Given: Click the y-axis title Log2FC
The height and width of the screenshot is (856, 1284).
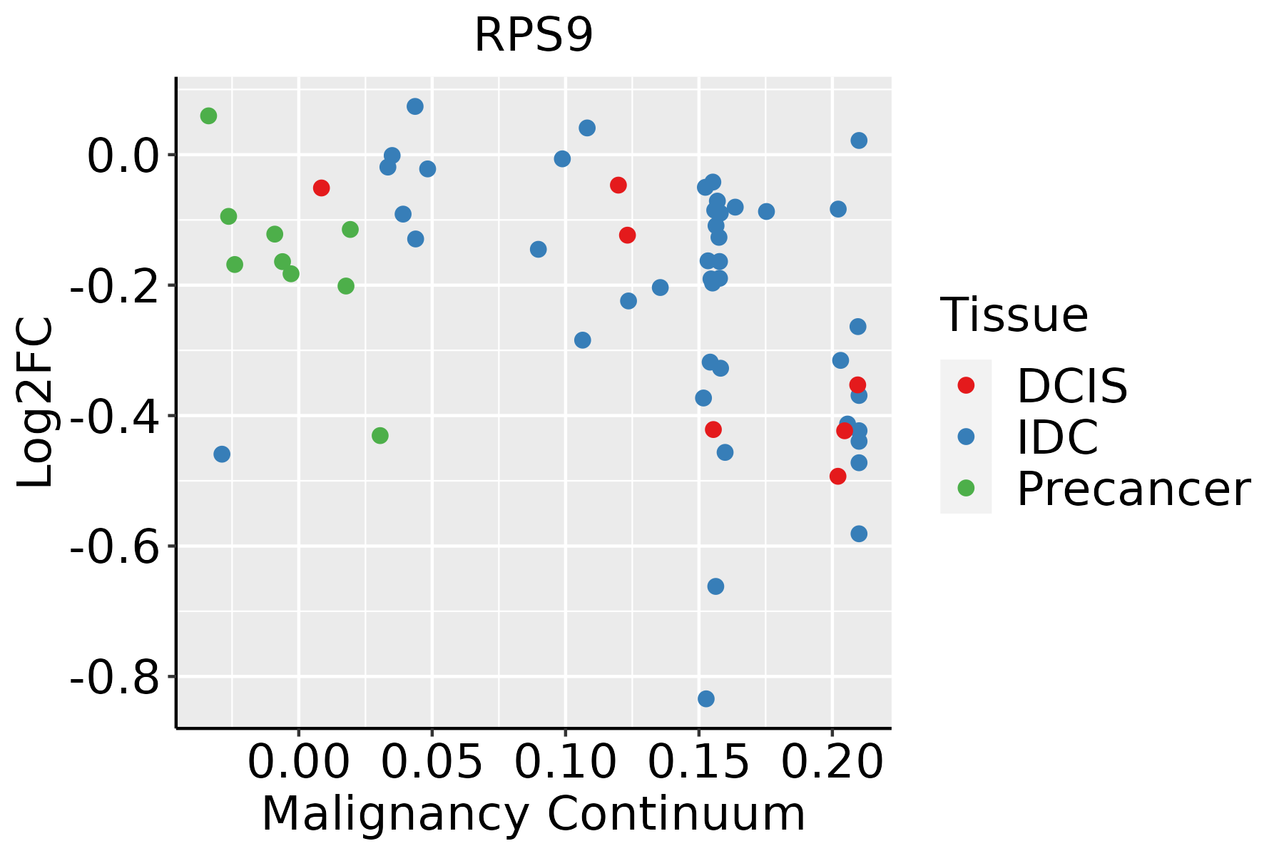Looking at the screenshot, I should click(x=36, y=403).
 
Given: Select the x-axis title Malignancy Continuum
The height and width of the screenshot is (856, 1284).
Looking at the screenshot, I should click(x=534, y=815).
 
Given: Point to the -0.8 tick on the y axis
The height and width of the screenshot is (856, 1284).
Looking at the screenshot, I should click(x=114, y=677).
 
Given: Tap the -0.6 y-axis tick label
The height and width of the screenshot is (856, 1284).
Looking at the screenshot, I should click(x=114, y=546).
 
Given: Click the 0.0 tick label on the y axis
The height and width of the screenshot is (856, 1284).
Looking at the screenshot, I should click(x=123, y=156).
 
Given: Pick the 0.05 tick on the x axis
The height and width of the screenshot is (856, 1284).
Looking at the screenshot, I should click(x=432, y=762).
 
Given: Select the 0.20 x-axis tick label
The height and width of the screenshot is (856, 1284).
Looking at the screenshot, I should click(x=832, y=762).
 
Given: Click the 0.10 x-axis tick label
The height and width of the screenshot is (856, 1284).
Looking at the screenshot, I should click(x=565, y=762).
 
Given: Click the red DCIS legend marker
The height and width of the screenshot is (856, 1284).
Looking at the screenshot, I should click(x=966, y=385).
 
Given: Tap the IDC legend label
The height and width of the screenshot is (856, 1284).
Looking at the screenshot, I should click(x=1057, y=437).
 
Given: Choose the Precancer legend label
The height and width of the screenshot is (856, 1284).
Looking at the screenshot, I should click(x=1133, y=489).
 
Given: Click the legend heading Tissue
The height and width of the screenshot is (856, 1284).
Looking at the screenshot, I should click(x=1014, y=315).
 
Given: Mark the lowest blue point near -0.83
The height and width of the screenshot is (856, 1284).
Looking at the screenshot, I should click(x=706, y=698).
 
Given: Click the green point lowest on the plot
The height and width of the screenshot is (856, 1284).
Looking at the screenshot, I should click(x=380, y=435).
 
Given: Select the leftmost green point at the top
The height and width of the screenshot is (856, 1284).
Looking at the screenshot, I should click(x=208, y=116).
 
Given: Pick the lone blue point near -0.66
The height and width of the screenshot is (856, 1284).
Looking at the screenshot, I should click(x=715, y=586).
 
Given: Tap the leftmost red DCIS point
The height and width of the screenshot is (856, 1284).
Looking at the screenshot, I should click(x=321, y=188).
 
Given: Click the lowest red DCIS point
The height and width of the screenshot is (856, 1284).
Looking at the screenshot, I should click(x=838, y=476).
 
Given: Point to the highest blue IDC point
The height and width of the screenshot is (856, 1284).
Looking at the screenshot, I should click(x=415, y=106).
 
